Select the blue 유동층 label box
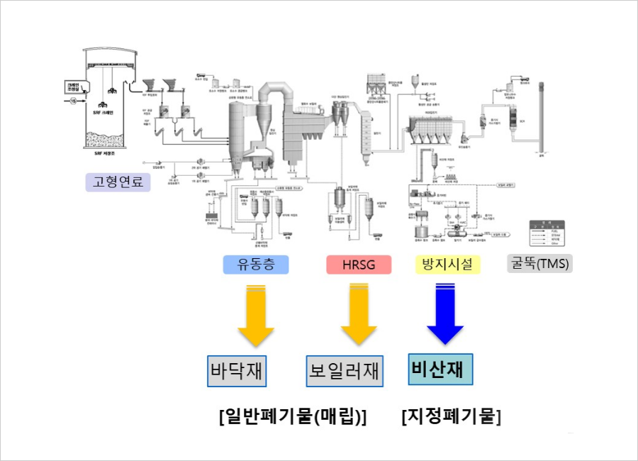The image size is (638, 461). click(x=255, y=265)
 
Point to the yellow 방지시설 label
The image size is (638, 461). click(x=447, y=265)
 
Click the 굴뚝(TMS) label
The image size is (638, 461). click(x=539, y=264)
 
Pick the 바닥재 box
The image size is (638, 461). click(x=237, y=371)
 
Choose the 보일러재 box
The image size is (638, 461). click(x=345, y=371)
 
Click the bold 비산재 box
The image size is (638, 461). click(x=440, y=369)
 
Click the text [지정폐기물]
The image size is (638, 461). click(x=450, y=416)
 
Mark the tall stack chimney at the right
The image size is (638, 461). click(x=543, y=117)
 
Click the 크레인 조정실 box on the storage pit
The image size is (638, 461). click(x=72, y=87)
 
